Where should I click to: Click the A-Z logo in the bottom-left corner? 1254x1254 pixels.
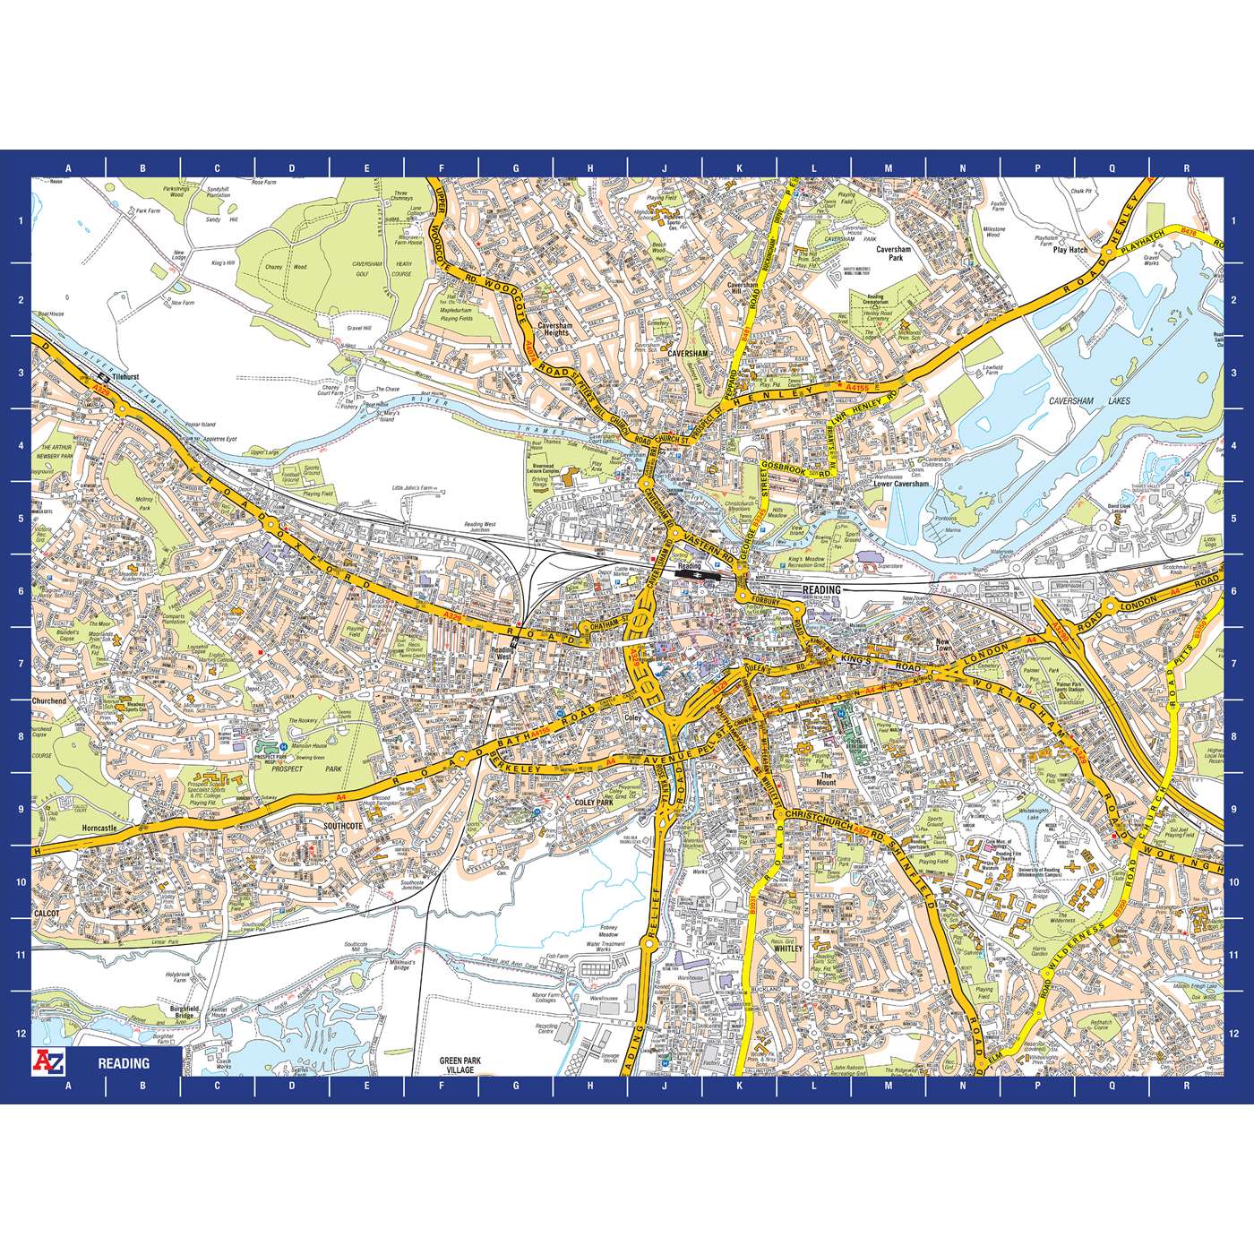coord(48,1062)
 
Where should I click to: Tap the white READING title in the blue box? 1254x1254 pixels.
coord(124,1063)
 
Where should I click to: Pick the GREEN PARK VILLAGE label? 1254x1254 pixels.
coord(460,1065)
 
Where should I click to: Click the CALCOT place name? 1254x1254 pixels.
coord(47,914)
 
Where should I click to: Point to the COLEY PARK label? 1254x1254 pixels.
coord(594,803)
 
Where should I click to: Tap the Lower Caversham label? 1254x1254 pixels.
coord(901,484)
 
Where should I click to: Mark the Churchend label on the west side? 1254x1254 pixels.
coord(49,700)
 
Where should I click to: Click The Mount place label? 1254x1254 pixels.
coord(826,778)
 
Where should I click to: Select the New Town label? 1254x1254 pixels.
coord(942,645)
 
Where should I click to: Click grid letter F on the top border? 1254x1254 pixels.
coord(441,167)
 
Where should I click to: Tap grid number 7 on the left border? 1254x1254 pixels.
coord(21,664)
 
